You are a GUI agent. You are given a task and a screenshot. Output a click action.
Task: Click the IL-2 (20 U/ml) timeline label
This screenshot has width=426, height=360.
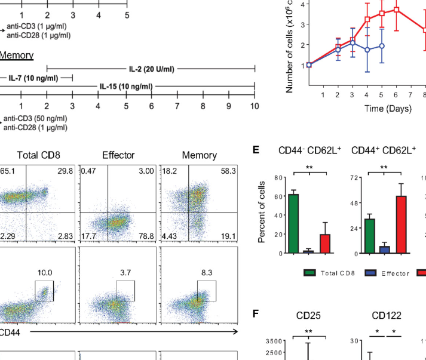[151, 69]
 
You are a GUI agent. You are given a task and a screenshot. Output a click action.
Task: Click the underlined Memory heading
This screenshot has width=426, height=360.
[16, 56]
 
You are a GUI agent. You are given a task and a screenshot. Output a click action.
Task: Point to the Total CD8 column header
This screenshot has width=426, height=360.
[36, 155]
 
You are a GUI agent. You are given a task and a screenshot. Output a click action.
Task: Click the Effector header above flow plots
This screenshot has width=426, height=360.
[117, 155]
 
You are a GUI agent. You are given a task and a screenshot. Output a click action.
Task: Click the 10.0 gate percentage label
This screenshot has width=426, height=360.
[44, 272]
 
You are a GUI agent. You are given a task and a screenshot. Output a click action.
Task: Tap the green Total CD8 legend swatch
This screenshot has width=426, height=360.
[310, 273]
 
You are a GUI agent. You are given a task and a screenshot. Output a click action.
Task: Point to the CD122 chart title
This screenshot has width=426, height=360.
[386, 315]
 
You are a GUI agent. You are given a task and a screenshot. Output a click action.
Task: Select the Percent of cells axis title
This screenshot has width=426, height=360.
[262, 216]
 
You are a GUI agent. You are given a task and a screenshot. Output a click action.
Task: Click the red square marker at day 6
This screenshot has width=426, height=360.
[396, 10]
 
